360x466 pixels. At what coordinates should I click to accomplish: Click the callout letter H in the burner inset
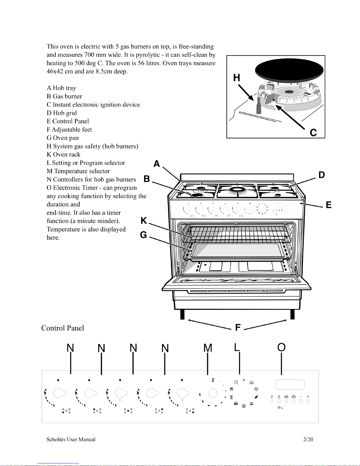237,78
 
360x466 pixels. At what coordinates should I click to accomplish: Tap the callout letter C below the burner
313,133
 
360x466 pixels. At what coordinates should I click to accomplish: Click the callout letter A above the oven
157,164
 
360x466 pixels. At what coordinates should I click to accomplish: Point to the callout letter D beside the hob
322,175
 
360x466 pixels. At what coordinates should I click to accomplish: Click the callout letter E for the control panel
329,205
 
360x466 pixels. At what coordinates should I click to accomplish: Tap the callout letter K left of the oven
144,221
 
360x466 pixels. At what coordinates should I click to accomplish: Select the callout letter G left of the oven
143,235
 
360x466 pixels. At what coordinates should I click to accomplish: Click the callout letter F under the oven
238,328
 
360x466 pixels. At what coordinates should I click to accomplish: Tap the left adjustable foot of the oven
182,314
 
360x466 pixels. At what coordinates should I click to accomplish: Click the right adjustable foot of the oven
292,314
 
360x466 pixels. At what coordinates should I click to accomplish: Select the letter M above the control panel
208,348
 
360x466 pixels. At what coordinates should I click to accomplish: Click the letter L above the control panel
237,347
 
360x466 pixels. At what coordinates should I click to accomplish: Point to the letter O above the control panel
281,347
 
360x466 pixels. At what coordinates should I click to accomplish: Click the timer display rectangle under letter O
290,385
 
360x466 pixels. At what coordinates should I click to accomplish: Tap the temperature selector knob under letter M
213,393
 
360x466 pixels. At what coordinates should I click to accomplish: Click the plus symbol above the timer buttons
308,396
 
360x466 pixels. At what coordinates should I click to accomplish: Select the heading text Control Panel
63,328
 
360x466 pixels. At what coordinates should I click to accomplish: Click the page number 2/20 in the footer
308,440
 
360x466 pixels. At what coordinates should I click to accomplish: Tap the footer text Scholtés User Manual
71,440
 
